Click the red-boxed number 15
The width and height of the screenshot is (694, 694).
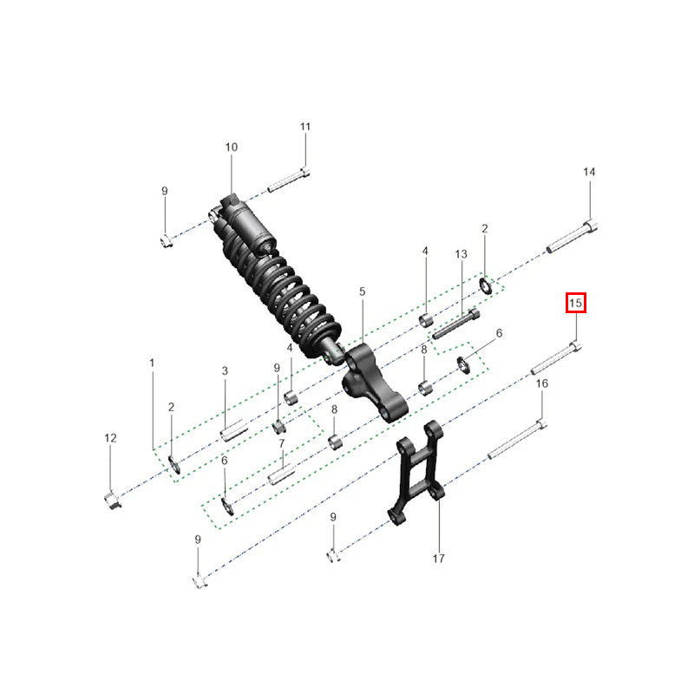[x=576, y=304]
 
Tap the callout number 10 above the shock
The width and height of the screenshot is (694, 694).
[x=232, y=147]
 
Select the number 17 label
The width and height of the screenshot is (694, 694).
[x=438, y=558]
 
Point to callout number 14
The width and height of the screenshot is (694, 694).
[x=589, y=173]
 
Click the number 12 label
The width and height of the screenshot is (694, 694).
[x=110, y=439]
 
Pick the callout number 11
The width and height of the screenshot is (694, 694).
[x=304, y=127]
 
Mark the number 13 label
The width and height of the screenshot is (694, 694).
[x=462, y=253]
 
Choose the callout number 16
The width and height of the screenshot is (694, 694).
[x=541, y=383]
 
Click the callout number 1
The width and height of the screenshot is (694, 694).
[x=152, y=361]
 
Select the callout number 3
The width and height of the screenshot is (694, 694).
[x=224, y=371]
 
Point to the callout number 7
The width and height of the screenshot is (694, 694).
[x=282, y=443]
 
